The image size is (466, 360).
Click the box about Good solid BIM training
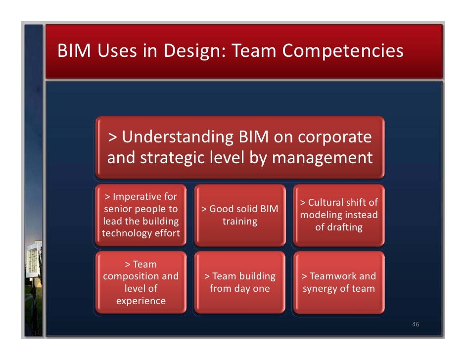point(240,215)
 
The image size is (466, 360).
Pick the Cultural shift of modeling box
point(339,215)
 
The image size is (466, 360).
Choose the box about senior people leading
point(141,215)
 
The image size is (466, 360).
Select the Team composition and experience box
point(141,282)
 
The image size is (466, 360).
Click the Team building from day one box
point(240,282)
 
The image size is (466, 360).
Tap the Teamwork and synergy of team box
point(339,282)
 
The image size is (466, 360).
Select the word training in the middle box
point(240,221)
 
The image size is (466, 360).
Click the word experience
point(141,301)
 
